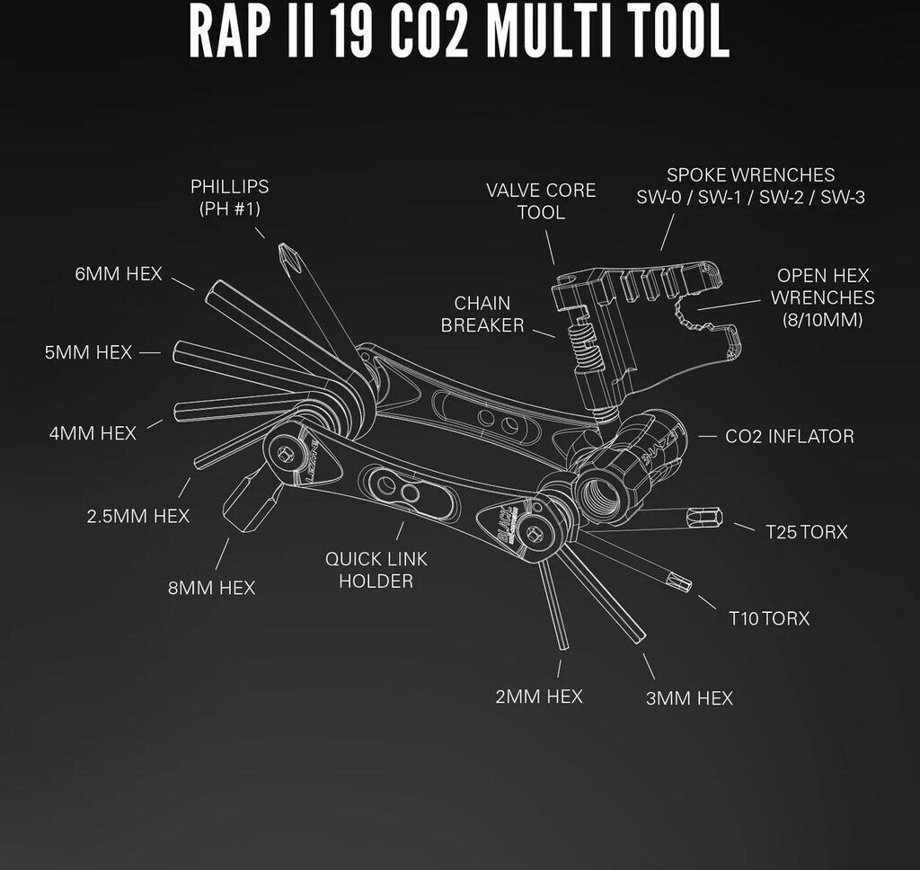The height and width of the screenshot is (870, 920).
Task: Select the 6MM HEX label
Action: tap(119, 274)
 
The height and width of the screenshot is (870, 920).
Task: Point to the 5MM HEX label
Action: tap(88, 352)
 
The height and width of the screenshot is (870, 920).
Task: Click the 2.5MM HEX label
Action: tap(138, 516)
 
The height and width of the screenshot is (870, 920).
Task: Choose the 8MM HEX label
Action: tap(211, 588)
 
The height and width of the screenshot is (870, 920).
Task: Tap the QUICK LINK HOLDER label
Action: tap(376, 570)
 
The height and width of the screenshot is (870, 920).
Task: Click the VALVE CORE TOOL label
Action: tap(541, 201)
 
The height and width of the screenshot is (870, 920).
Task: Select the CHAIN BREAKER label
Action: tap(482, 314)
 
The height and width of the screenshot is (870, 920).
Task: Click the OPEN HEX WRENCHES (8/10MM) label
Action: tap(822, 297)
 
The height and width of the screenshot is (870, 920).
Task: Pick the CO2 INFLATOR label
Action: tap(790, 437)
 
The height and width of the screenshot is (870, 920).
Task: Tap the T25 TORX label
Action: tap(807, 532)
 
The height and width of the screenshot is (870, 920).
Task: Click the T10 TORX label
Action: tap(769, 618)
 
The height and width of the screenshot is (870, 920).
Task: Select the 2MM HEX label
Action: tap(539, 697)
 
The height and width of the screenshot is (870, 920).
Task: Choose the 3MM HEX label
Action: tap(689, 698)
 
